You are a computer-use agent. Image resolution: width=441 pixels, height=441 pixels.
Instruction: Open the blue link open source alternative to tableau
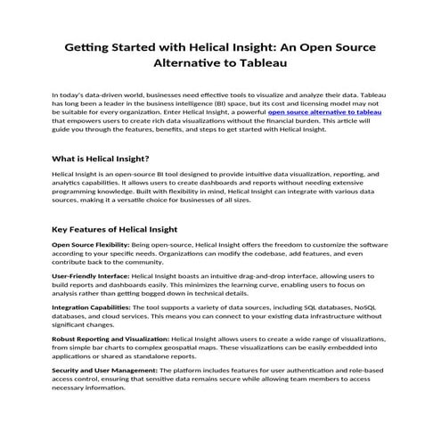point(325,112)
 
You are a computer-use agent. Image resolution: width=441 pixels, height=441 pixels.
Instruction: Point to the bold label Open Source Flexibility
point(91,244)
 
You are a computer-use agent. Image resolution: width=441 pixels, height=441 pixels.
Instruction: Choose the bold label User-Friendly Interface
point(90,277)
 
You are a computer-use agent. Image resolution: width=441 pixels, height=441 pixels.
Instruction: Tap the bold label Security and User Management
point(103,370)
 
